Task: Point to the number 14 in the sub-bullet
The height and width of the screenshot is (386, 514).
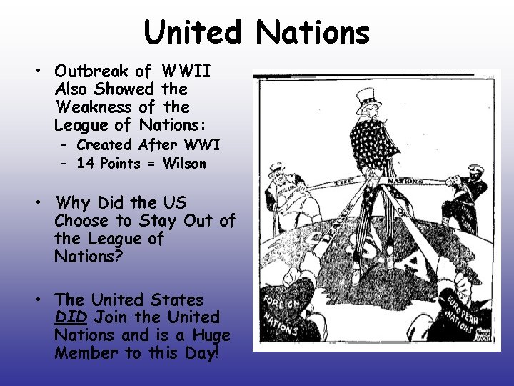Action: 85,164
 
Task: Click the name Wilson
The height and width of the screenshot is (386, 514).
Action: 184,164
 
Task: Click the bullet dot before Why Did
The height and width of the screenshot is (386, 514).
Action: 42,202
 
